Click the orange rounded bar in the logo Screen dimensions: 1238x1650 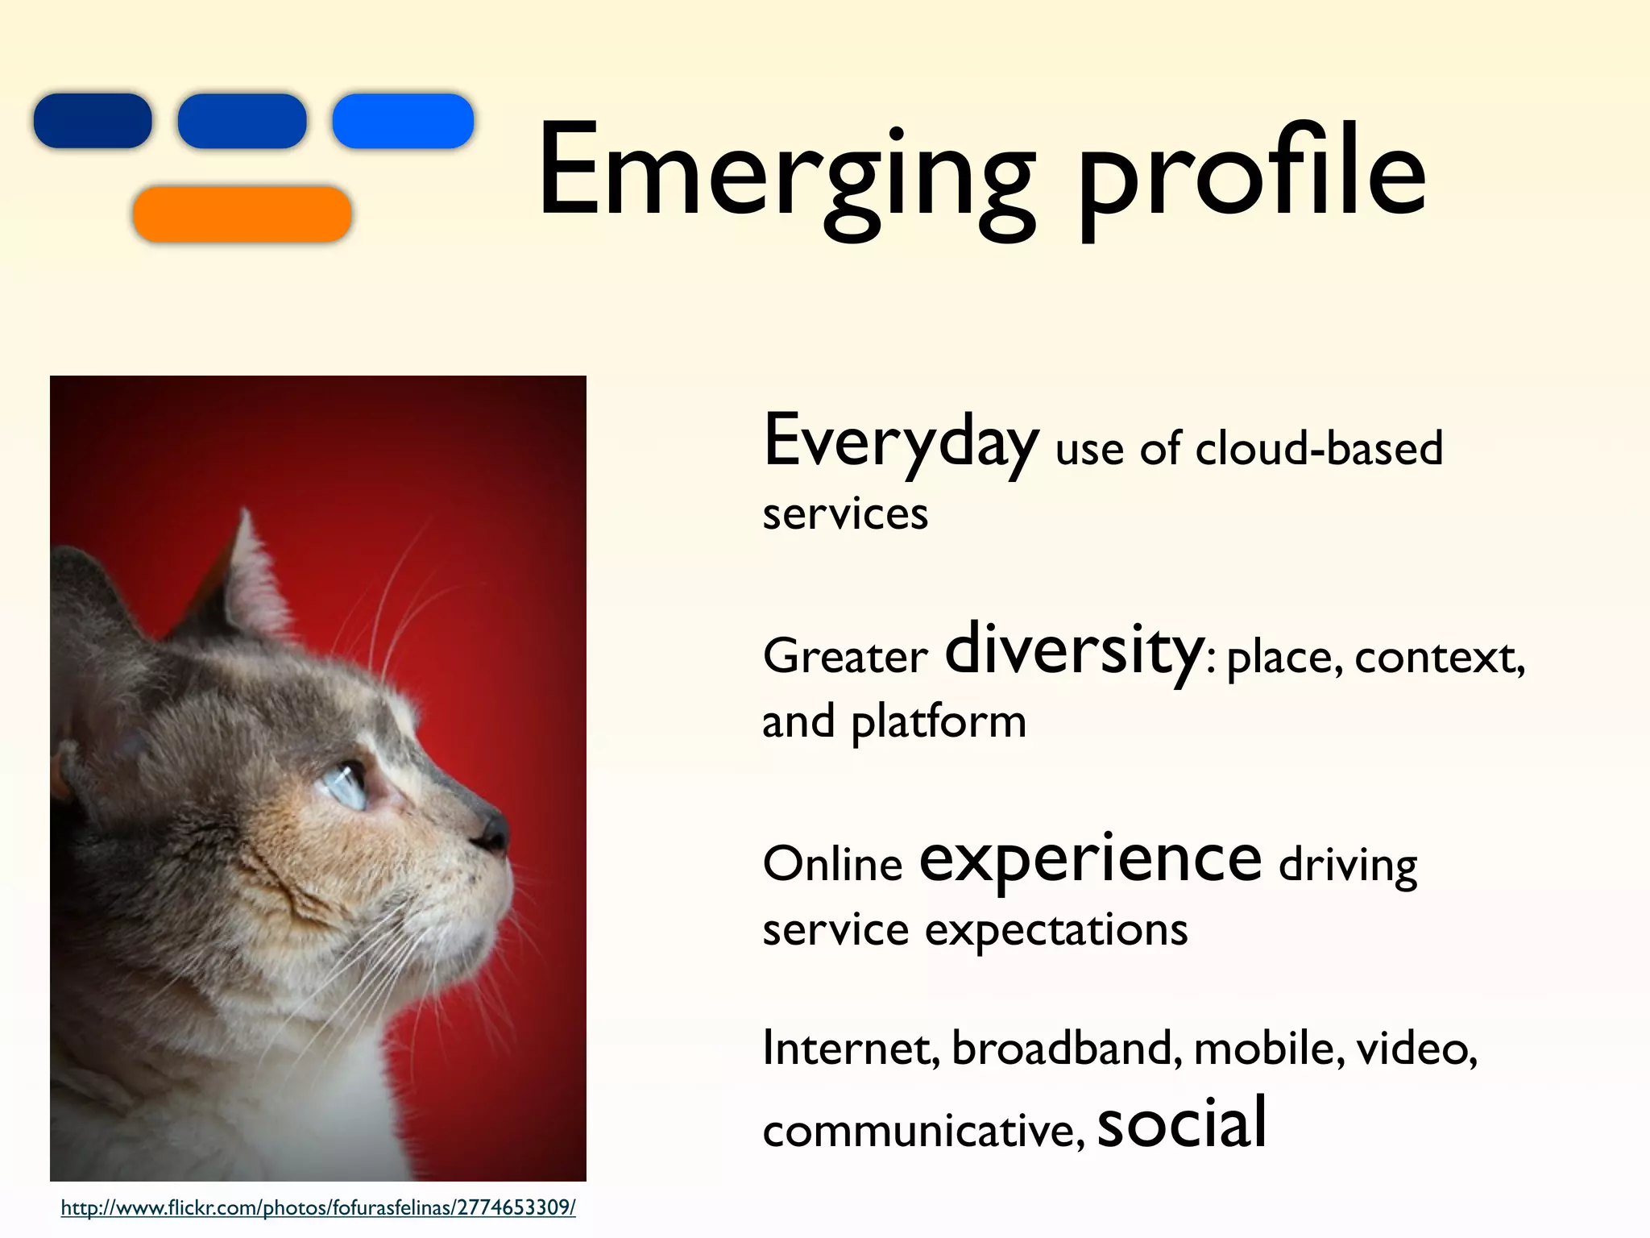242,214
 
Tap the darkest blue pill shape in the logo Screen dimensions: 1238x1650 93,121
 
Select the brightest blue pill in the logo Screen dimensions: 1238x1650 403,121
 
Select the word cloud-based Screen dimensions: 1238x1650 1318,449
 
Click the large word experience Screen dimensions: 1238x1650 1090,861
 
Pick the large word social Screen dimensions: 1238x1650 1182,1124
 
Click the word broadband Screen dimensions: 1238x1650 1066,1049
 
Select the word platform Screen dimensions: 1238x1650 939,722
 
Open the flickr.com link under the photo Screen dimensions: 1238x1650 318,1208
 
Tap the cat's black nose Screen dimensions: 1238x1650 492,830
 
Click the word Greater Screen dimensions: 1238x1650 844,657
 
